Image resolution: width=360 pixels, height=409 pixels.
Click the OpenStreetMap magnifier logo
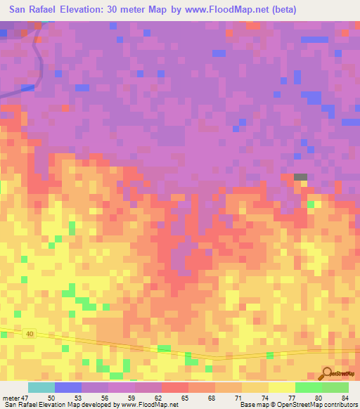pyautogui.click(x=328, y=373)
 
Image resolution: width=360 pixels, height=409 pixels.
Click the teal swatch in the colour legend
pyautogui.click(x=41, y=387)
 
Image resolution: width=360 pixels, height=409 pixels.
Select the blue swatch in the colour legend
pyautogui.click(x=68, y=387)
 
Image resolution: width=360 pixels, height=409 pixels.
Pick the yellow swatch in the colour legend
pyautogui.click(x=282, y=387)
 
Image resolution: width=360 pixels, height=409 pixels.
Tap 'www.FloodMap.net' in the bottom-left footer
pyautogui.click(x=149, y=405)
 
